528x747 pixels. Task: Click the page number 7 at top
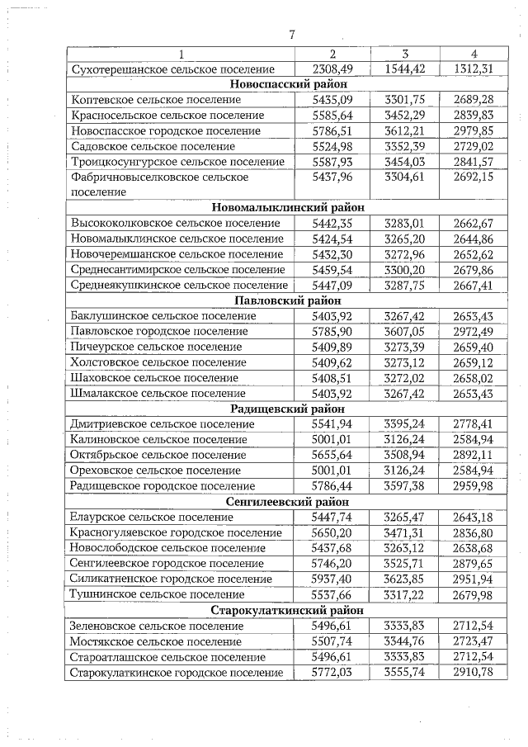pyautogui.click(x=291, y=34)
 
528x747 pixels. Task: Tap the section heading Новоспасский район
pyautogui.click(x=288, y=84)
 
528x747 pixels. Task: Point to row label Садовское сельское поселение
pyautogui.click(x=153, y=146)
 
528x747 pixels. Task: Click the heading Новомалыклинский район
pyautogui.click(x=288, y=207)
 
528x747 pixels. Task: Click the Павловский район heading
pyautogui.click(x=288, y=300)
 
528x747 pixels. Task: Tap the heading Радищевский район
pyautogui.click(x=288, y=409)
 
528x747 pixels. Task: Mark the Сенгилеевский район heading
pyautogui.click(x=288, y=501)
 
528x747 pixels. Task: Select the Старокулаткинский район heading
pyautogui.click(x=288, y=610)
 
